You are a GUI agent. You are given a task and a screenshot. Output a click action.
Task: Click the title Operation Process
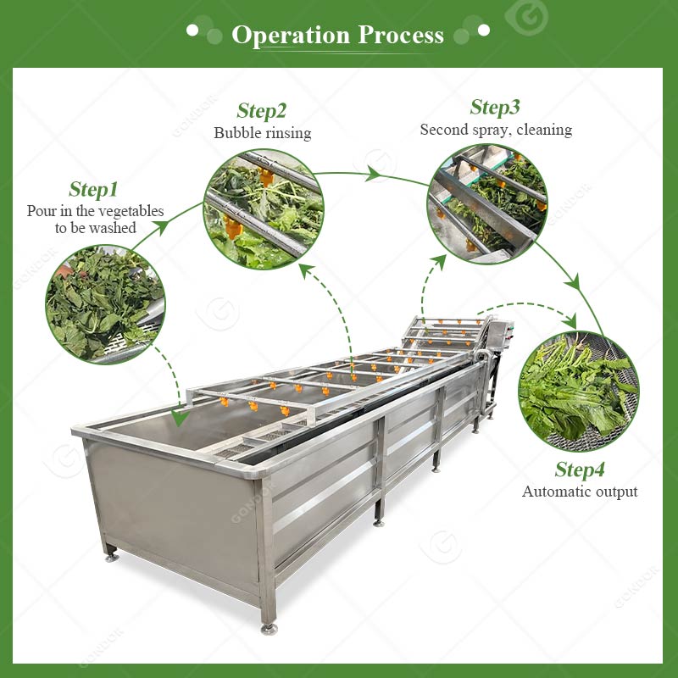coord(337,35)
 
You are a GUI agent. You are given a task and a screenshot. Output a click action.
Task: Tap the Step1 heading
coord(93,189)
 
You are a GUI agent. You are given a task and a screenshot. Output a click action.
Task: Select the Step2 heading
coord(262,111)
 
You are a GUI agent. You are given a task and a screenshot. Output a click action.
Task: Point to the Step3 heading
coord(495,108)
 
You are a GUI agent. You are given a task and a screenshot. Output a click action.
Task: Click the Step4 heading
coord(580,470)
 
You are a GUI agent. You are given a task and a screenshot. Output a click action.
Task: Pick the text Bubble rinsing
coord(263,133)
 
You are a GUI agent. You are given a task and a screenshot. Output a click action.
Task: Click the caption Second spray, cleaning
coord(496,130)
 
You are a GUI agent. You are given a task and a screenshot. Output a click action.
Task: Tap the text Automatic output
coord(580,492)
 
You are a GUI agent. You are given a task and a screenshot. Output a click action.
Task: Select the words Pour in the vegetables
coord(95,211)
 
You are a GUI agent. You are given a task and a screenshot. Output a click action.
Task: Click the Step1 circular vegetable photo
coord(105,304)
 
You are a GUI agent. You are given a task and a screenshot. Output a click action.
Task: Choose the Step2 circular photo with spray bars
coord(264,209)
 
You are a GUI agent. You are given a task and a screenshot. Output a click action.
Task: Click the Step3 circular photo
coord(487,203)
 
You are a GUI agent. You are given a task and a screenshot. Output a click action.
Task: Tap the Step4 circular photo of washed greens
coord(579,392)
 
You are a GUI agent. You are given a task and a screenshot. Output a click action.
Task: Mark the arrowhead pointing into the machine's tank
coord(180,418)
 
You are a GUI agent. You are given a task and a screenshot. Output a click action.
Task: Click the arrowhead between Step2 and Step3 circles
coord(373,174)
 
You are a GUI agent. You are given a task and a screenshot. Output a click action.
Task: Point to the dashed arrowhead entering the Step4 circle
coord(570,321)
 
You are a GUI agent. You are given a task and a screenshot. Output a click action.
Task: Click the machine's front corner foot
coord(269,629)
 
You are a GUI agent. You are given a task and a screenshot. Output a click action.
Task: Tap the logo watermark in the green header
coord(526,16)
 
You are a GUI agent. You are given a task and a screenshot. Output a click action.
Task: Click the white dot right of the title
coord(483,31)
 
